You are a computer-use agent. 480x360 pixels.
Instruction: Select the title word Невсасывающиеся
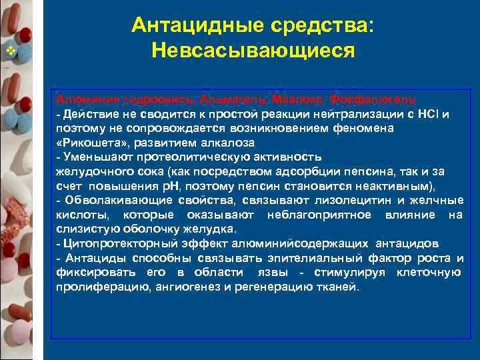(253, 51)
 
